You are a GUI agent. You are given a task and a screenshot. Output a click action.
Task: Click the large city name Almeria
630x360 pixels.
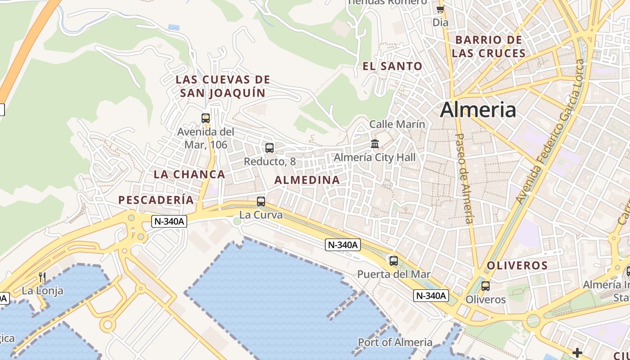point(478,110)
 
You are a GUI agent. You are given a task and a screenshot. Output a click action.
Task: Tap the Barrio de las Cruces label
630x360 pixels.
point(489,46)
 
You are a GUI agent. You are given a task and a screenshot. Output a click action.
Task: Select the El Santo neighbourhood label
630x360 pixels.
point(392,67)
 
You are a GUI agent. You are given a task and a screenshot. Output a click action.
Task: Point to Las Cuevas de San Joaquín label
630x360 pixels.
point(223,86)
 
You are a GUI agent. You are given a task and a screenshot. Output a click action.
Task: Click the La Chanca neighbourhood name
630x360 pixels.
point(189,174)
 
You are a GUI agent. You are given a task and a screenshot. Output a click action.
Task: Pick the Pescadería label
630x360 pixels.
point(156,200)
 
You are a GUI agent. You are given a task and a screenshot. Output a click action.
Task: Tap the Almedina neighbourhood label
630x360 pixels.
point(307,180)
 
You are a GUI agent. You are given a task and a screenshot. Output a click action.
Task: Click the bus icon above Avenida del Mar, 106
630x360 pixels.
point(206,118)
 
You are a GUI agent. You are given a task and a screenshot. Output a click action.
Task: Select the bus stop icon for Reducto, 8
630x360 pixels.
point(270,148)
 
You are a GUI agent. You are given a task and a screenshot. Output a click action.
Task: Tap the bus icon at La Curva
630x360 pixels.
point(261,202)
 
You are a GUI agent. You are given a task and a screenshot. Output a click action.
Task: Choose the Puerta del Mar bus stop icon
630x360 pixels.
point(394,261)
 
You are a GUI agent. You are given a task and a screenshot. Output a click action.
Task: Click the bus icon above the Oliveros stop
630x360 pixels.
point(485,286)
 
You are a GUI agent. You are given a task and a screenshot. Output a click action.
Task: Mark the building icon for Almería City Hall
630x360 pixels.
point(375,144)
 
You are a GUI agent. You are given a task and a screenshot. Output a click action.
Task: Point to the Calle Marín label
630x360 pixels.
point(397,124)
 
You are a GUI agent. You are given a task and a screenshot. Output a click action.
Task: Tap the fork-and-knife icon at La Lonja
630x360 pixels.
point(42,277)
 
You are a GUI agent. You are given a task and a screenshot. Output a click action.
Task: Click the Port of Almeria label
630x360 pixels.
point(395,342)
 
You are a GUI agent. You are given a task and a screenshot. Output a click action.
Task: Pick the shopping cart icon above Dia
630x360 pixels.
point(440,9)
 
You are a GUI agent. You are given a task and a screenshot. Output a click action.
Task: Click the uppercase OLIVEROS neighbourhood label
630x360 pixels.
point(517,265)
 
